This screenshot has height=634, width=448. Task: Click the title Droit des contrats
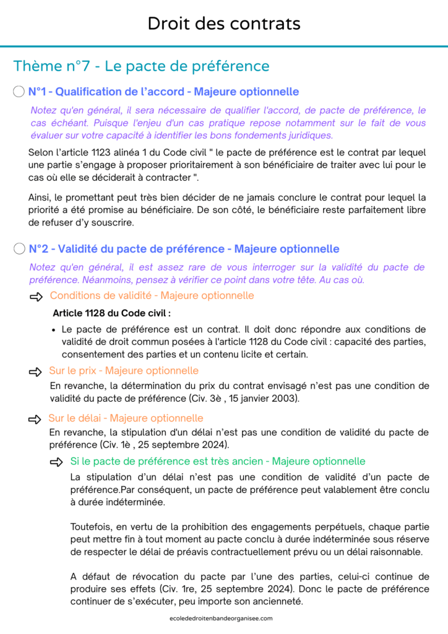[x=224, y=24]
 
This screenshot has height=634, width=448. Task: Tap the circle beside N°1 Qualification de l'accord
[x=19, y=92]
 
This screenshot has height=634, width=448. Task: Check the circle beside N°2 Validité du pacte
[x=19, y=249]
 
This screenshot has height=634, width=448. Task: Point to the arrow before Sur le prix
[x=37, y=371]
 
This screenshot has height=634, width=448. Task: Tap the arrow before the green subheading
[x=57, y=462]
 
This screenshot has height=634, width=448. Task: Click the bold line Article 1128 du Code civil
[x=111, y=313]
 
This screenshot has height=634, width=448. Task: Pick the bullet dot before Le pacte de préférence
[x=55, y=329]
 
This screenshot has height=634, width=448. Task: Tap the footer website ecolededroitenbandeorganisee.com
[x=224, y=618]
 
